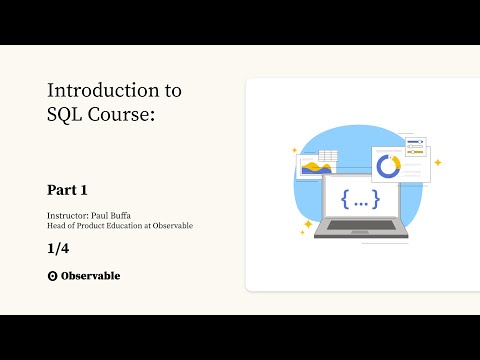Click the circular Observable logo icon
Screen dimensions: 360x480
(52, 276)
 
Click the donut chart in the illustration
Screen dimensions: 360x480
(388, 165)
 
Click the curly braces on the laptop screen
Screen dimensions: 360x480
(360, 199)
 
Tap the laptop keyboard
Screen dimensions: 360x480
(360, 224)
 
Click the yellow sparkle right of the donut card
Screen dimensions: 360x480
(437, 162)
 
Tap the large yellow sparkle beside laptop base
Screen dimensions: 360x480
(306, 223)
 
